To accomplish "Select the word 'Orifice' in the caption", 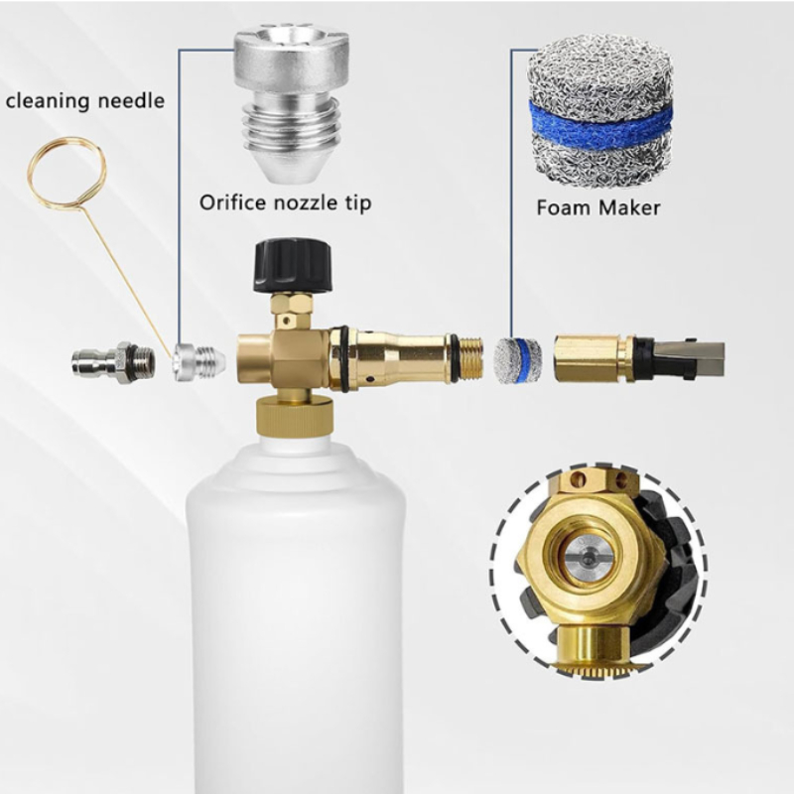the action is coord(232,202).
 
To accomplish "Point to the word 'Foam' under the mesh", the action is coord(563,208).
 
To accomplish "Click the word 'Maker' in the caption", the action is coord(629,208).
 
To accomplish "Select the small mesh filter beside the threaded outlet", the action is coord(517,360).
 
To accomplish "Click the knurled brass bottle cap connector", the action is coord(295,415).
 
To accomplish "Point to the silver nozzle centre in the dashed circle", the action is coord(588,560).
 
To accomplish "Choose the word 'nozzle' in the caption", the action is coord(306,203).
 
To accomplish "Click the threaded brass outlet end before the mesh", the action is coord(469,358).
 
